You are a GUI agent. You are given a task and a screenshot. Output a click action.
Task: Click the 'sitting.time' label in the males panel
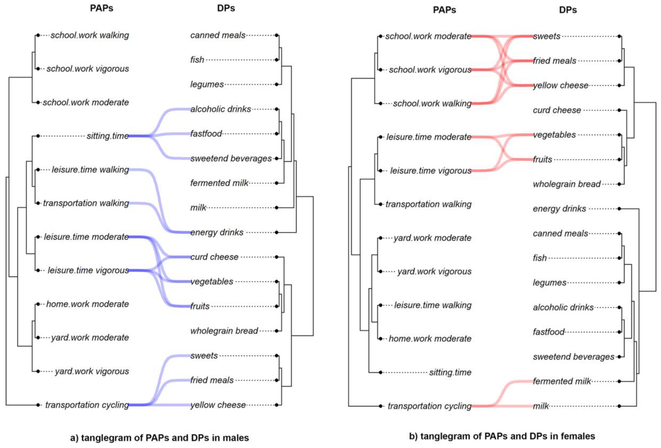(x=107, y=136)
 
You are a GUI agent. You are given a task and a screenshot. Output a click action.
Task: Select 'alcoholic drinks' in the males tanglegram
(x=220, y=109)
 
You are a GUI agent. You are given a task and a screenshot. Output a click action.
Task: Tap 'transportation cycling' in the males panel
(x=87, y=405)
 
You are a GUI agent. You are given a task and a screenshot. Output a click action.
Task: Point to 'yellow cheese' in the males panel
(x=218, y=405)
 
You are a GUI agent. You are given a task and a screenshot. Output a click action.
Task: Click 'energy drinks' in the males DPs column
(x=217, y=232)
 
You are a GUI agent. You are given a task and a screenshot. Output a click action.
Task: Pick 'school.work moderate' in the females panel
(x=428, y=36)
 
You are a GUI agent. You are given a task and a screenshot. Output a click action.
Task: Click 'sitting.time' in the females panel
(x=450, y=372)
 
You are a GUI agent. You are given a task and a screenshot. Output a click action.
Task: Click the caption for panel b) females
(x=502, y=436)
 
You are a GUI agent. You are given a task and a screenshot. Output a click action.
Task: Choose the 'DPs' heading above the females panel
(x=568, y=10)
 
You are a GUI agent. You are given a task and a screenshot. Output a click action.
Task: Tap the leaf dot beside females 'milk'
(x=619, y=406)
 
